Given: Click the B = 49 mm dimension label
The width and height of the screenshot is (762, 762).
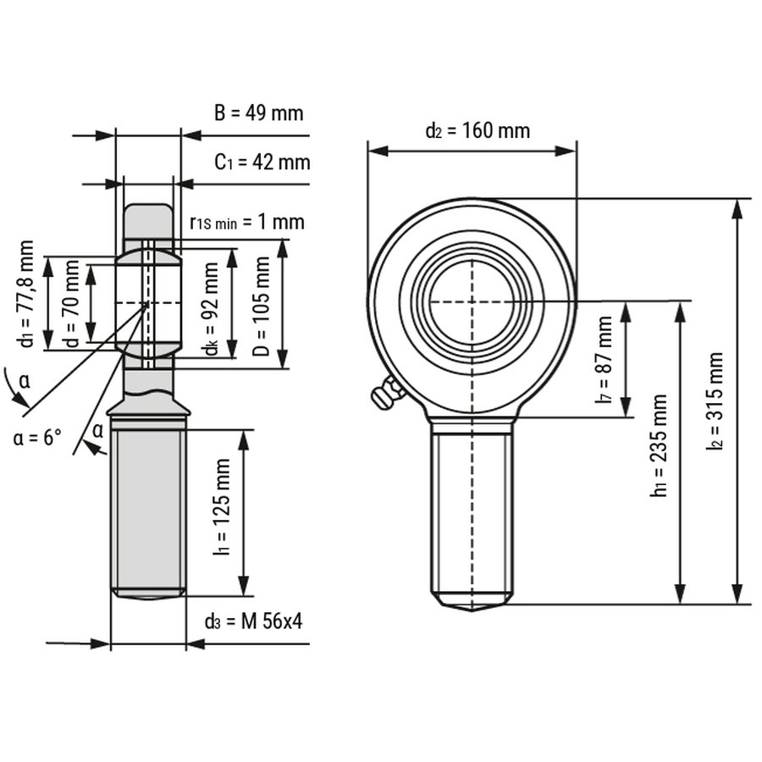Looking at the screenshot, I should click(257, 113).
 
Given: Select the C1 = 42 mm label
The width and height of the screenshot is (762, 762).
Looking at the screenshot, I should click(262, 162).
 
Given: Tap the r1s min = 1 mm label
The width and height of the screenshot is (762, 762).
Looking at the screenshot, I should click(246, 223).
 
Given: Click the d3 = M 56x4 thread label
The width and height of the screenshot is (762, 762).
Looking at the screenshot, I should click(253, 621).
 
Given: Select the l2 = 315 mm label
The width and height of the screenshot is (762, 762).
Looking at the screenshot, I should click(715, 400).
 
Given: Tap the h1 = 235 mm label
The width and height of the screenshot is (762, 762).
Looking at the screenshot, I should click(660, 445).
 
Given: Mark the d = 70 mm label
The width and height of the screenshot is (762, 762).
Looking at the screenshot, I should click(72, 304).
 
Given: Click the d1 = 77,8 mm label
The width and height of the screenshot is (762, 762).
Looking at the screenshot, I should click(27, 294).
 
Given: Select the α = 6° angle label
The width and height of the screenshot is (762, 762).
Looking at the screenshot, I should click(38, 439).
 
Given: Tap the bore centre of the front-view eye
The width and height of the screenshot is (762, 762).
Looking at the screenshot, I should click(472, 302).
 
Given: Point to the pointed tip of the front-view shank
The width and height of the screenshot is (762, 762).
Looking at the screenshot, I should click(472, 606).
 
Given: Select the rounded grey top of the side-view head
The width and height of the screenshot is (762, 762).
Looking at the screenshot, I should click(148, 218).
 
